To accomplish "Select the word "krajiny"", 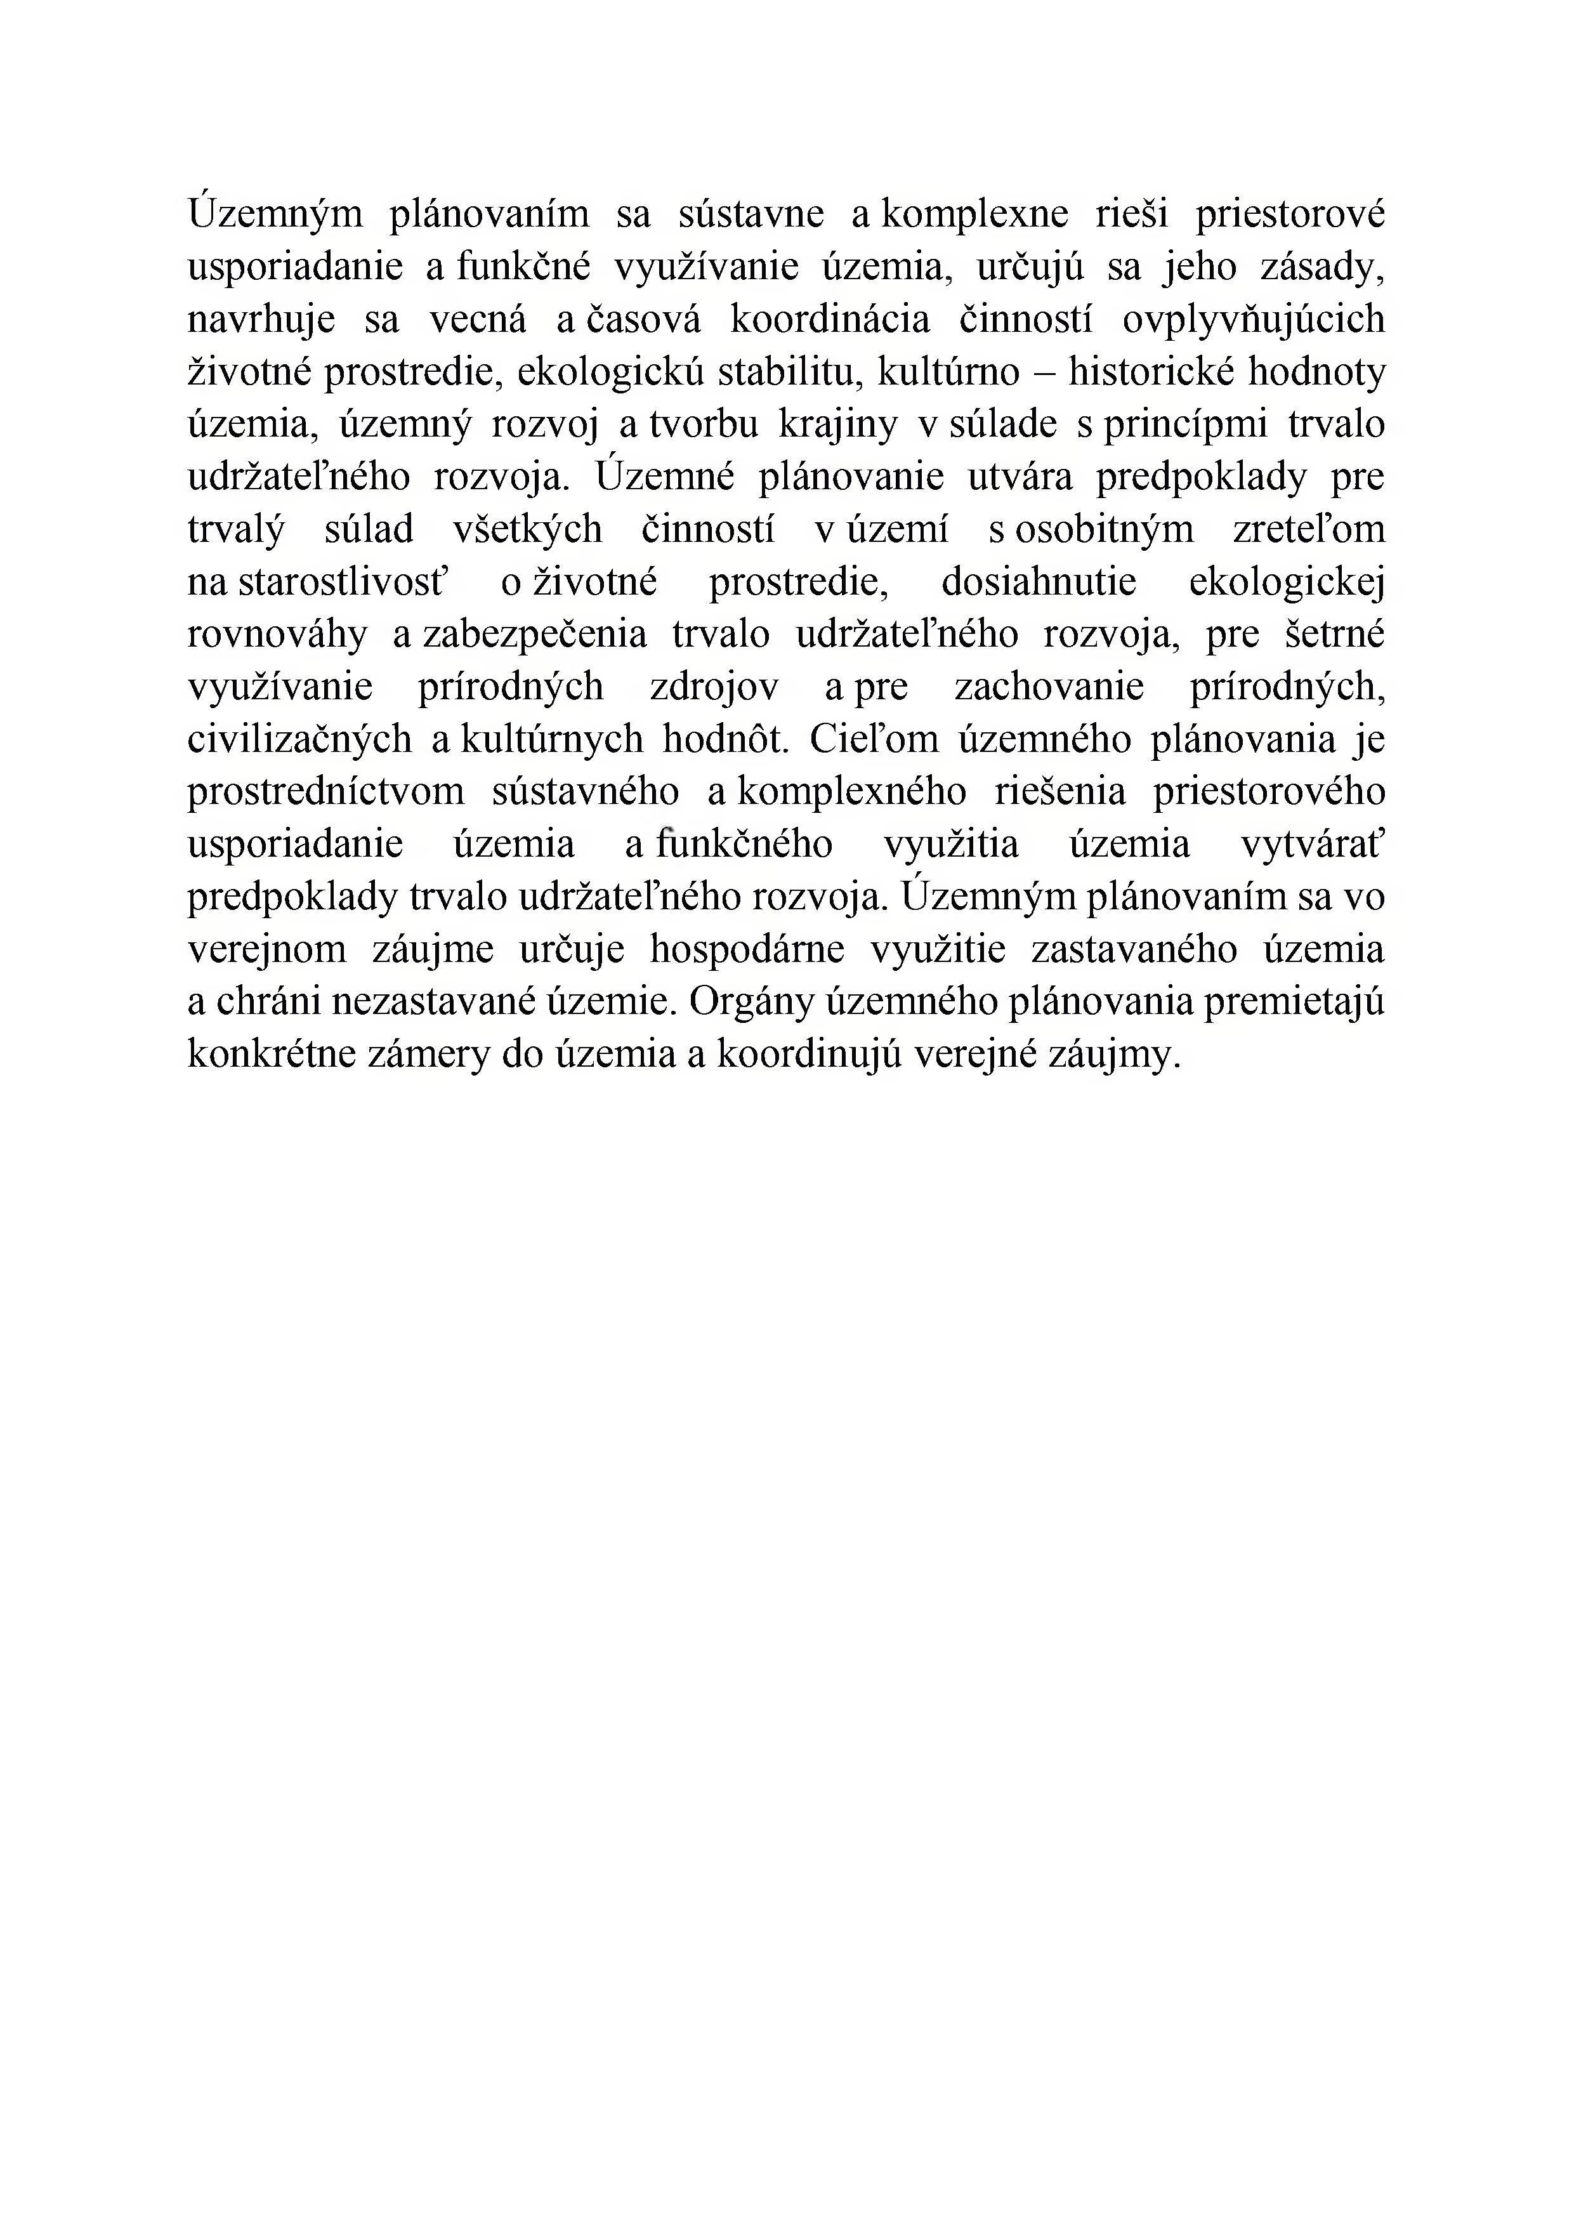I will [838, 425].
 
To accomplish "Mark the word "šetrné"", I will [1335, 634].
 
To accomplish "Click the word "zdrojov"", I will [714, 687].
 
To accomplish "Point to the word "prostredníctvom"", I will [325, 792].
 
